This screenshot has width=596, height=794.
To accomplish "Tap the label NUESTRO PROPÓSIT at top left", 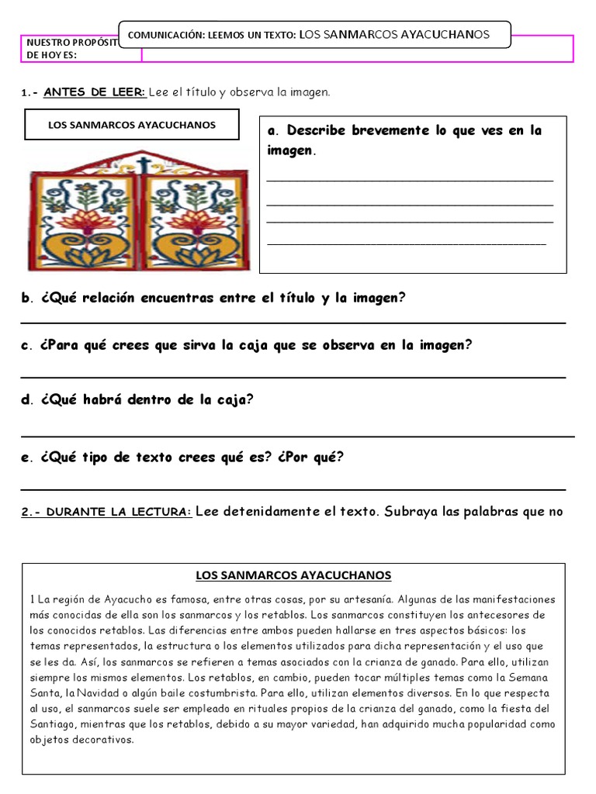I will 71,42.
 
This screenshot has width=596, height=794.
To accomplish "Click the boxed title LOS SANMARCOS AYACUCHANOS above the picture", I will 132,124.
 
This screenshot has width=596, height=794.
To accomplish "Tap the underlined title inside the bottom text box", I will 293,575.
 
